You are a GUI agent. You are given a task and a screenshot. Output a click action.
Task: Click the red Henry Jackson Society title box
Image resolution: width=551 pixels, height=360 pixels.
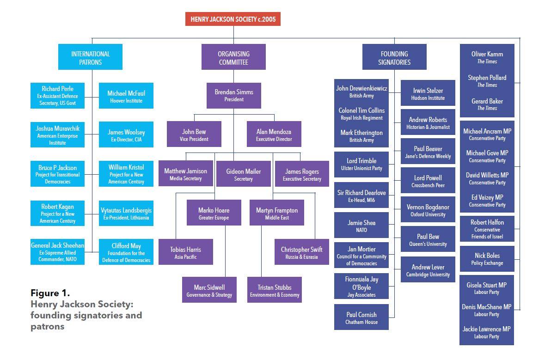click(233, 19)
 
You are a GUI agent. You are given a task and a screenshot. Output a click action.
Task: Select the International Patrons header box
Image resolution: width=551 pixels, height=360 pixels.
click(90, 57)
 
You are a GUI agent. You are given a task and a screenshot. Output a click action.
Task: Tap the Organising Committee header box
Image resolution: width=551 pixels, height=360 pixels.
click(233, 57)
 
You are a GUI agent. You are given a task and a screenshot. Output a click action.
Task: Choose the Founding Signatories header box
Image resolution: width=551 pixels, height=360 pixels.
click(394, 57)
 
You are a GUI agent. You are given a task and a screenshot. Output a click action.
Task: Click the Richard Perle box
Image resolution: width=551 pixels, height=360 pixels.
click(57, 96)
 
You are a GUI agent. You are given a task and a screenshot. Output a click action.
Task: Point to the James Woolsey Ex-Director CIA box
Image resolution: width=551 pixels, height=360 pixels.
click(126, 135)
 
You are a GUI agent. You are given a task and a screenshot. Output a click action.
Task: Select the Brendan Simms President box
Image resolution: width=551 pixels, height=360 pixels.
click(233, 95)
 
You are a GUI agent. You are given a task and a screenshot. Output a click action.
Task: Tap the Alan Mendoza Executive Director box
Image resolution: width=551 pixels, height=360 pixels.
click(274, 134)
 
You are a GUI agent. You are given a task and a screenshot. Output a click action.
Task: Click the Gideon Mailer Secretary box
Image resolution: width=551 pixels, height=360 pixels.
click(243, 174)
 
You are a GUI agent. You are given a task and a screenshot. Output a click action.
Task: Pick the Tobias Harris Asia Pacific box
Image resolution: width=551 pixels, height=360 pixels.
click(185, 252)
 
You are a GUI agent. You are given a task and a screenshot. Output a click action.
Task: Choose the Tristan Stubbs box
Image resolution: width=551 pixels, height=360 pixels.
click(275, 290)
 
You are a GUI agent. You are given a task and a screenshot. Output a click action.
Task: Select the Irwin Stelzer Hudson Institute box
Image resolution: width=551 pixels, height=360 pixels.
click(428, 94)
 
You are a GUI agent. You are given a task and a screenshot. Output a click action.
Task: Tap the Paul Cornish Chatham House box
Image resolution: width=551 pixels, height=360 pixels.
click(361, 317)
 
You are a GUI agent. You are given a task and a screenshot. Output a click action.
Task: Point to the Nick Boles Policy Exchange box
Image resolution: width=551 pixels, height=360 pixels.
click(487, 259)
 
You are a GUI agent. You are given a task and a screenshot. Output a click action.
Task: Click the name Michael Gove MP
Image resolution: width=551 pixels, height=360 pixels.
click(487, 153)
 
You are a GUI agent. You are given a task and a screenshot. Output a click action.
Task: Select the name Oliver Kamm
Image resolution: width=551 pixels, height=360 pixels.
click(487, 54)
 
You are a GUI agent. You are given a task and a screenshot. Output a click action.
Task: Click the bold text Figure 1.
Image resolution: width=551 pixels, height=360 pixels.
click(50, 293)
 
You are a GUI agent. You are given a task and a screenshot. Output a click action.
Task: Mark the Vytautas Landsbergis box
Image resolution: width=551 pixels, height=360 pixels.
click(126, 214)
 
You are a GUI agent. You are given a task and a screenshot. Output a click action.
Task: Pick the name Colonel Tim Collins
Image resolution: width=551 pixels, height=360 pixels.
click(361, 110)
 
